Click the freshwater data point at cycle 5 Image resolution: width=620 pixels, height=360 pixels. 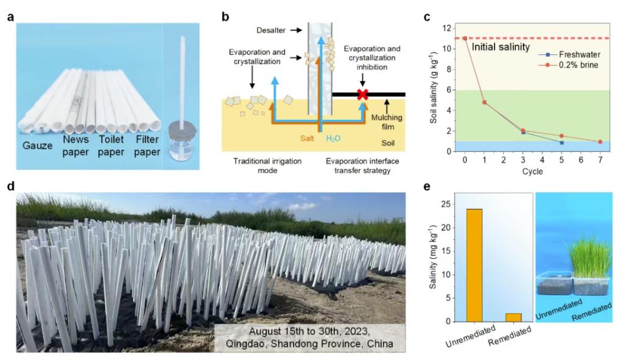coord(562,143)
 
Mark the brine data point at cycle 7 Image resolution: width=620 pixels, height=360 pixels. coord(600,142)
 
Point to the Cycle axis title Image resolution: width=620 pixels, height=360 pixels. coord(532,172)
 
